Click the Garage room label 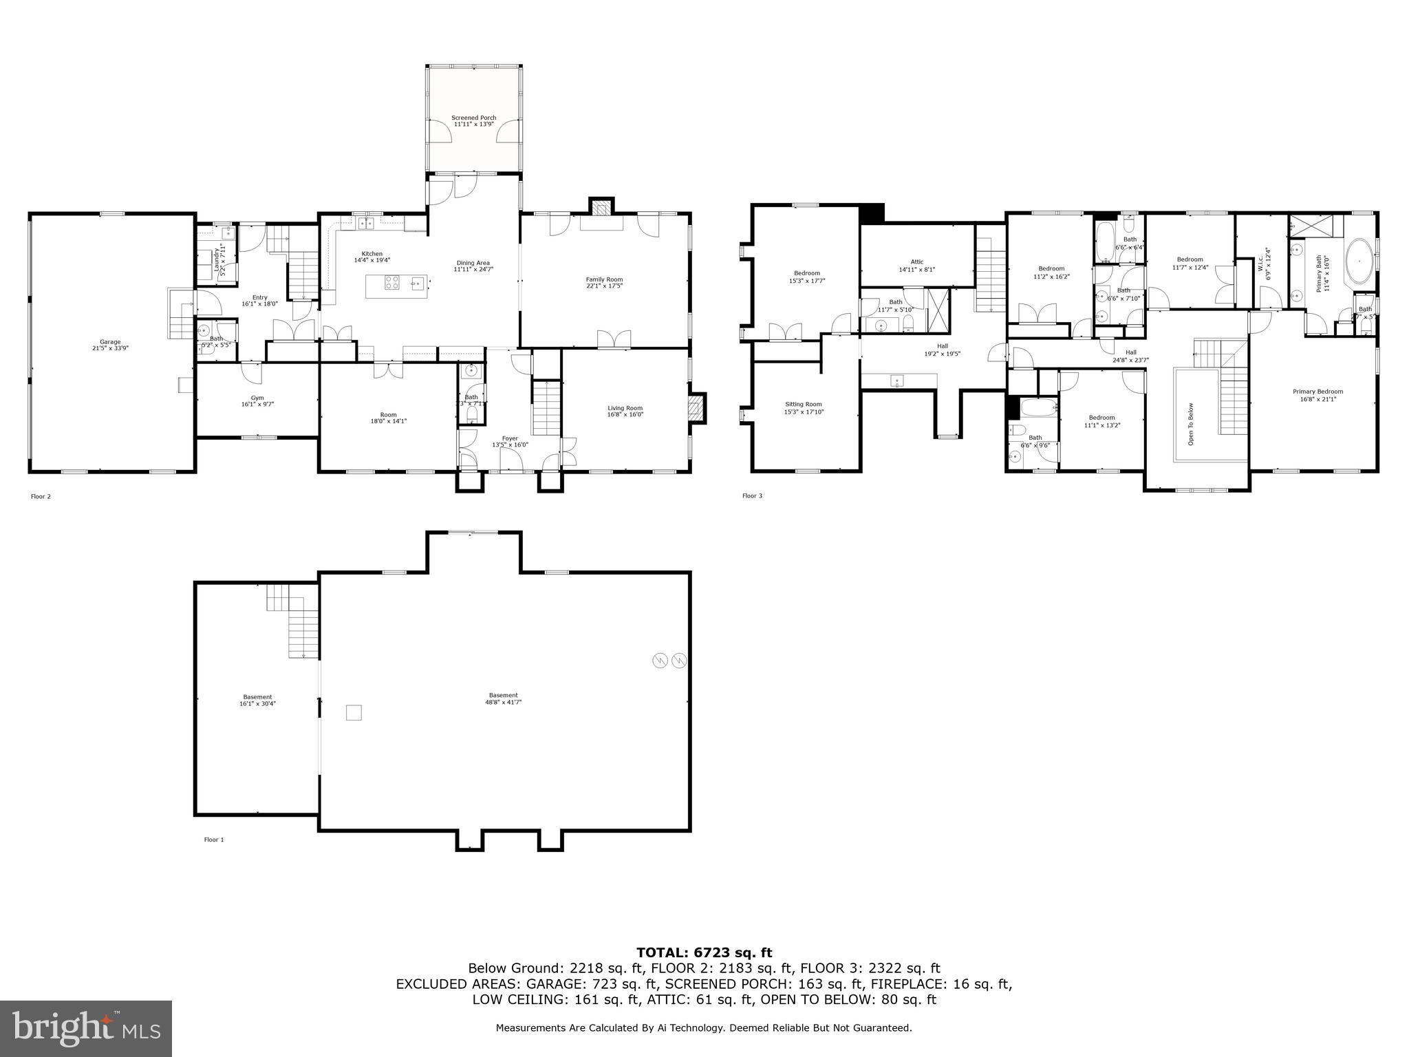click(110, 342)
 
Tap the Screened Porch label click(473, 118)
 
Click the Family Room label click(604, 279)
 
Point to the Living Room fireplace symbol click(697, 407)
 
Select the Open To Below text click(1191, 423)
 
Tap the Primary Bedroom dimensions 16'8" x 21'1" click(1317, 399)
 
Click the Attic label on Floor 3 click(917, 261)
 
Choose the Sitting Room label click(804, 405)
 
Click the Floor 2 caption click(41, 496)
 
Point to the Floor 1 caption click(214, 840)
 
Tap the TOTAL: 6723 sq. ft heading click(704, 952)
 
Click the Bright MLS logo click(86, 1028)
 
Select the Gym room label click(257, 398)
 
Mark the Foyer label click(510, 438)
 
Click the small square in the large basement click(353, 712)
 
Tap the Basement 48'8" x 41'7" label click(504, 698)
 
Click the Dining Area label click(473, 262)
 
